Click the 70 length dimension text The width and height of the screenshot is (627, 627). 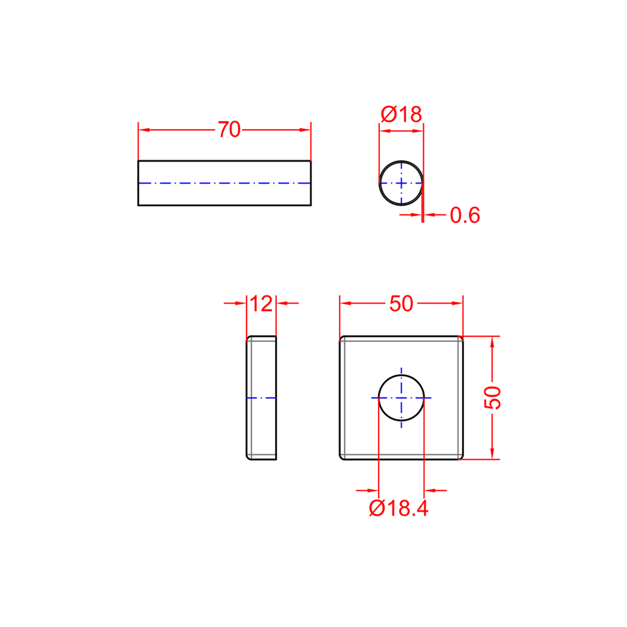[x=229, y=130]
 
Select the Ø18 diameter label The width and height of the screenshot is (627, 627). [x=401, y=114]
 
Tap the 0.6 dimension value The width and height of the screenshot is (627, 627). [x=465, y=215]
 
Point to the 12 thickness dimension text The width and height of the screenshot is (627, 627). [x=261, y=303]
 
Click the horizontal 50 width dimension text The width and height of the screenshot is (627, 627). [x=401, y=303]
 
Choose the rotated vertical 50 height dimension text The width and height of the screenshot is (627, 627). [x=492, y=398]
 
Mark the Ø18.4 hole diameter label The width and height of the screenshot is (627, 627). [x=399, y=508]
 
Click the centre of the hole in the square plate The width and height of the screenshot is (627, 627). [x=401, y=398]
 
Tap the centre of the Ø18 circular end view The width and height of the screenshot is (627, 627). [x=401, y=183]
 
